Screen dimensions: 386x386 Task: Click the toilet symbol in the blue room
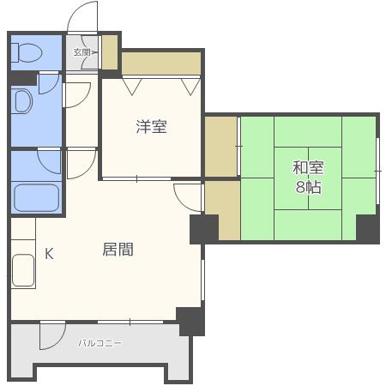click(x=27, y=52)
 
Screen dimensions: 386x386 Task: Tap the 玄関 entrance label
click(x=81, y=52)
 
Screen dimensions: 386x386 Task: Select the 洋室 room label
click(x=151, y=127)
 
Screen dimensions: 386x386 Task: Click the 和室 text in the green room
click(x=308, y=167)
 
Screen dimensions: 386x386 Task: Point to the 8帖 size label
click(x=309, y=187)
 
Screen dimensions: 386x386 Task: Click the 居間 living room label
click(x=118, y=250)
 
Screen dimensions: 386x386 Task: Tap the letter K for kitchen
click(x=49, y=253)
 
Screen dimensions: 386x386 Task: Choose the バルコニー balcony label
click(x=100, y=342)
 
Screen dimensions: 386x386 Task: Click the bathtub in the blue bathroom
click(x=36, y=197)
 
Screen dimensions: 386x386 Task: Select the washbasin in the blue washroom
click(x=23, y=101)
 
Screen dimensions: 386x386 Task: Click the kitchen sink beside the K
click(x=23, y=270)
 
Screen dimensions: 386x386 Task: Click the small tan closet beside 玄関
click(x=110, y=52)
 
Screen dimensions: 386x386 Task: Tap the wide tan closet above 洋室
click(x=161, y=63)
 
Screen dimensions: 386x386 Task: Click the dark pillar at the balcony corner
click(x=190, y=321)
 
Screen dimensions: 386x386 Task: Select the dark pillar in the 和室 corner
click(x=368, y=228)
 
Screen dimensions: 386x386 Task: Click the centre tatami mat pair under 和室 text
click(x=308, y=178)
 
